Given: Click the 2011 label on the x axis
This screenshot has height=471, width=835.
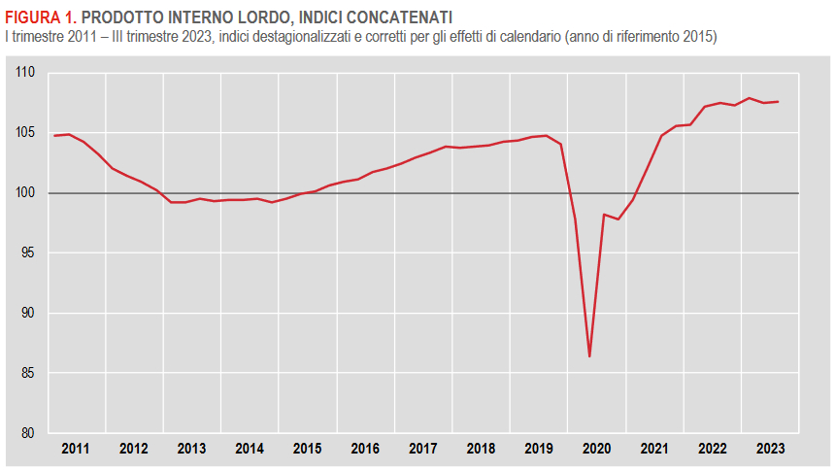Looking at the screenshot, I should click(x=75, y=449).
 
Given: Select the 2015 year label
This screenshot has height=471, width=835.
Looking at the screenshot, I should click(x=307, y=449).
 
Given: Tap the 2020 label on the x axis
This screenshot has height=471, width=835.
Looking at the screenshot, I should click(x=596, y=449).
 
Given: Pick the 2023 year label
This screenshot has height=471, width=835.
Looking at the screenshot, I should click(x=770, y=449).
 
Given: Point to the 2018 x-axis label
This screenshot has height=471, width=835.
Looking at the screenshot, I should click(x=481, y=449).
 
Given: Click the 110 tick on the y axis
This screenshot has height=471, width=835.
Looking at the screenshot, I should click(x=25, y=73).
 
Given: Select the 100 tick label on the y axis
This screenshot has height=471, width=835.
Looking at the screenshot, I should click(x=25, y=193).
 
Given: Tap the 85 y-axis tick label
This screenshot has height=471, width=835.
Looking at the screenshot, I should click(x=28, y=373).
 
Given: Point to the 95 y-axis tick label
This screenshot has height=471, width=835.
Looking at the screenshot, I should click(x=28, y=253).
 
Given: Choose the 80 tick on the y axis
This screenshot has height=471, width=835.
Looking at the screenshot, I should click(x=28, y=433).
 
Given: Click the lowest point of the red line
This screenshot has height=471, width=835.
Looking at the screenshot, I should click(x=589, y=356).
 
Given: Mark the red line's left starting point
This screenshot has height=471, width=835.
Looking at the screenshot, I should click(x=53, y=136).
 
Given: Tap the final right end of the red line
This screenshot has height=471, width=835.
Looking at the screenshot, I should click(x=778, y=102).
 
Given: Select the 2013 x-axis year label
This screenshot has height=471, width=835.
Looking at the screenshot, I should click(x=191, y=449).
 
